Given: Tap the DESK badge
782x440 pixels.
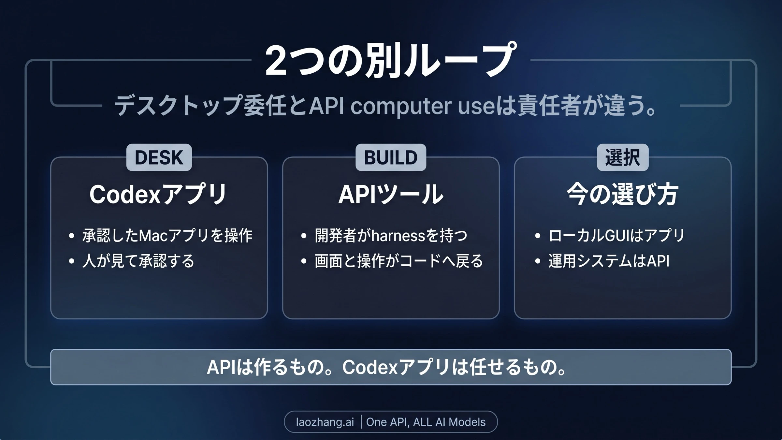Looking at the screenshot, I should pyautogui.click(x=159, y=157).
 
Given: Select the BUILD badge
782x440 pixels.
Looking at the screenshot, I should pyautogui.click(x=391, y=157).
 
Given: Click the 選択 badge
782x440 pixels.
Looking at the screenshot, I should pyautogui.click(x=623, y=157).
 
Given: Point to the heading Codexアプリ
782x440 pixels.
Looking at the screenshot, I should pyautogui.click(x=158, y=194).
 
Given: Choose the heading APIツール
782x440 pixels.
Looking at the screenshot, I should pyautogui.click(x=391, y=195).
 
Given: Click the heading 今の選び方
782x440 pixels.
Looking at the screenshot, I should pyautogui.click(x=622, y=195).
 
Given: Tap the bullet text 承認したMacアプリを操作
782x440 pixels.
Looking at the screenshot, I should pyautogui.click(x=167, y=235).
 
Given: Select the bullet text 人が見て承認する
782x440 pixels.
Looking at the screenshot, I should pyautogui.click(x=138, y=261).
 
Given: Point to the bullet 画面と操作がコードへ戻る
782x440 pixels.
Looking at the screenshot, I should pyautogui.click(x=398, y=261).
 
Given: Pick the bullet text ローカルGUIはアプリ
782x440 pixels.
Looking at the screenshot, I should pyautogui.click(x=616, y=235).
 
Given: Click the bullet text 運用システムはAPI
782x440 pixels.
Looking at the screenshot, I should pyautogui.click(x=609, y=261).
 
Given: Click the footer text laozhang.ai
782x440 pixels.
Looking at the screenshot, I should pyautogui.click(x=325, y=422).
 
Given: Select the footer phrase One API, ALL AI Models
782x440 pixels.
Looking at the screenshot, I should pyautogui.click(x=426, y=422).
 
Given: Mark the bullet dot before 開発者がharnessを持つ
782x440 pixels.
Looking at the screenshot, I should pyautogui.click(x=304, y=236).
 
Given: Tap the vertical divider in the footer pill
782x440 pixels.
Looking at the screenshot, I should pyautogui.click(x=361, y=422).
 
